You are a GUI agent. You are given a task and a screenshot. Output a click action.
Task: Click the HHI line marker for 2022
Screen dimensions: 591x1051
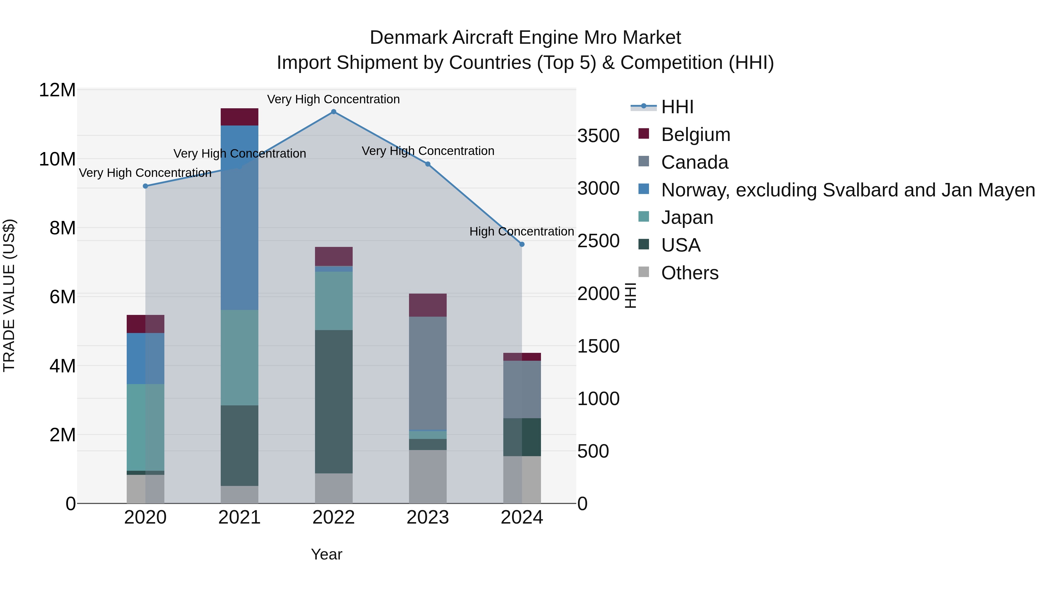[x=333, y=112]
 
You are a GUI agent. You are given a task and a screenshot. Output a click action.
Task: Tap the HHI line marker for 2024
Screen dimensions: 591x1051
[x=521, y=244]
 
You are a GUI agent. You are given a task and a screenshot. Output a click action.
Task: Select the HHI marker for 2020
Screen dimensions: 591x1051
[x=145, y=186]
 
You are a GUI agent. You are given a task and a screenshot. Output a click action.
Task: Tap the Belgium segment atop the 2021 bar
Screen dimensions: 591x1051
[x=239, y=117]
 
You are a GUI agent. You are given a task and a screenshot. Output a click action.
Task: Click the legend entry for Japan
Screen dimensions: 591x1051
[x=687, y=217]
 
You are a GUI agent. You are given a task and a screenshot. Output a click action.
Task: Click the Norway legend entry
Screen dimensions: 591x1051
[x=848, y=190]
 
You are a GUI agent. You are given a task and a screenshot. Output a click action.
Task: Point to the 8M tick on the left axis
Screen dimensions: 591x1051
[x=62, y=228]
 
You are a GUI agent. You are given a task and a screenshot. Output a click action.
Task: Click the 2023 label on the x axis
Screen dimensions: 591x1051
[x=428, y=517]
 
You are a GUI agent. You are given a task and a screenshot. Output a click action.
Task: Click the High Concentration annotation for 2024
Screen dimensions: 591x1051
[x=521, y=232]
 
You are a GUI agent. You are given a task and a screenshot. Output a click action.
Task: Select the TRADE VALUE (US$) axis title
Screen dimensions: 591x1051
[x=9, y=295]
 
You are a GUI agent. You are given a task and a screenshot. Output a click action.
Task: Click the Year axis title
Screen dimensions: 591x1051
[x=326, y=554]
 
